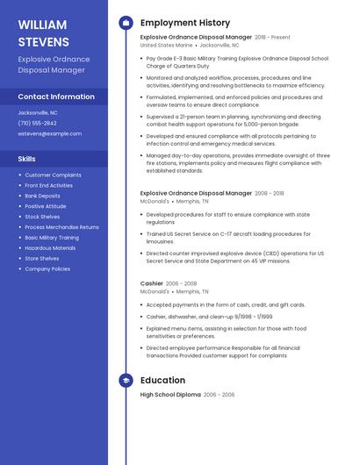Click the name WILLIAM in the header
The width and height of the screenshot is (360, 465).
tap(42, 25)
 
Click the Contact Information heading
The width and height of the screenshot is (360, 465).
tap(56, 97)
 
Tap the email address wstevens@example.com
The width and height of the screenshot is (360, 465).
tap(49, 133)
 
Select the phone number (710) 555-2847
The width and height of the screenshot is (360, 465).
tap(36, 123)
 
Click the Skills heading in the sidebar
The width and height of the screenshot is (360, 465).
tap(26, 159)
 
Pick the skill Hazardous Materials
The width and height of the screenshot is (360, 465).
tap(50, 247)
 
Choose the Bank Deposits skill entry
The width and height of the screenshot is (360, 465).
tap(42, 196)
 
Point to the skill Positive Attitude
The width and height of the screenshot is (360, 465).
tap(45, 206)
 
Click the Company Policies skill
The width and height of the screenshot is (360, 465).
tap(47, 268)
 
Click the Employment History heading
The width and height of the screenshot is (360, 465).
tap(185, 23)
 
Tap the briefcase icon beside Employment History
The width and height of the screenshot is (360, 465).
tap(126, 23)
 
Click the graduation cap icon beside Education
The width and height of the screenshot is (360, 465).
tap(126, 380)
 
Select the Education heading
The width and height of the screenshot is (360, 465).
tap(162, 380)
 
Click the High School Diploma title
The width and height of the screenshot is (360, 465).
tap(170, 395)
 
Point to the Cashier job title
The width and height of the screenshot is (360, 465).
tap(152, 283)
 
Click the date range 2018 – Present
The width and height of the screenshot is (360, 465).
tap(272, 38)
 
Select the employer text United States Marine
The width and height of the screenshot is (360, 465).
tap(166, 45)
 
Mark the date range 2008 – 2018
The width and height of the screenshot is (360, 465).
tap(270, 193)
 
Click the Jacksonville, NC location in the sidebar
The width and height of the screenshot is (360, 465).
tap(38, 112)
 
